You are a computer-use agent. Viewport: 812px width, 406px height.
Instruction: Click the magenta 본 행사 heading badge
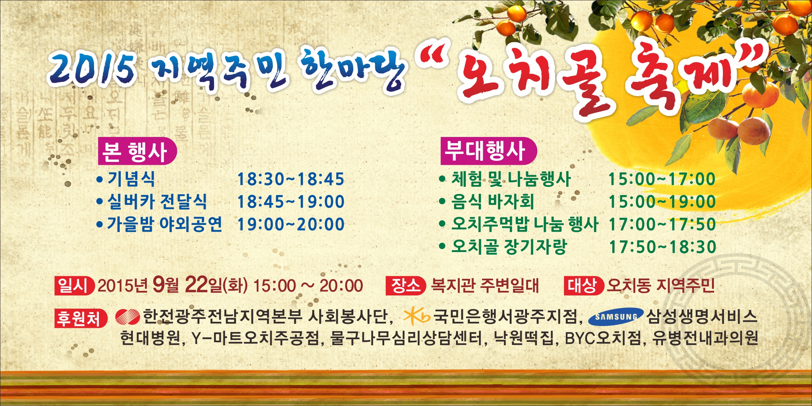(137, 151)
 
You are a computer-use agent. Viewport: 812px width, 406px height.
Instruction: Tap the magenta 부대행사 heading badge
(488, 151)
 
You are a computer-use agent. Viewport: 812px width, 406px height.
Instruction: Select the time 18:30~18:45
(290, 179)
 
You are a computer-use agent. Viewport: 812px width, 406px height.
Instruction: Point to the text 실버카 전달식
(157, 201)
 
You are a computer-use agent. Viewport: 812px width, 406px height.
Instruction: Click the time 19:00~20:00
(290, 224)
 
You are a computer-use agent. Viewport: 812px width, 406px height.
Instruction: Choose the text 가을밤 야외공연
(165, 224)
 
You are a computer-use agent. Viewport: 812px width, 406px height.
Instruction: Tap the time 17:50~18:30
(663, 247)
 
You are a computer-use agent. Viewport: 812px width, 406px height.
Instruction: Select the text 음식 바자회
(493, 201)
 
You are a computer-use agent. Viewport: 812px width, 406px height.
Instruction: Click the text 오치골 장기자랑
(509, 247)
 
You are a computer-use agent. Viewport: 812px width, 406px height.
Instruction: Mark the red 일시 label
(74, 286)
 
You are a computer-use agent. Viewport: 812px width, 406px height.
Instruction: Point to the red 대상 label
(584, 286)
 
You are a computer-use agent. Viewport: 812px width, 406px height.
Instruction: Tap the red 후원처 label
(81, 318)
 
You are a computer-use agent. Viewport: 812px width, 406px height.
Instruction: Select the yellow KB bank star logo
(416, 317)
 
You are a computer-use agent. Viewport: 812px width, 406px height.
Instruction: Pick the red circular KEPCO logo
(127, 317)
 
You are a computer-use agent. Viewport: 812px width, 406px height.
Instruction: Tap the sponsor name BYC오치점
(602, 338)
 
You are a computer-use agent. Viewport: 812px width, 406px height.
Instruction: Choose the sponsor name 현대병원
(150, 338)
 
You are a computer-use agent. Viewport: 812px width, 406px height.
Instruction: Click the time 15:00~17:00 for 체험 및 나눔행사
(662, 179)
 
